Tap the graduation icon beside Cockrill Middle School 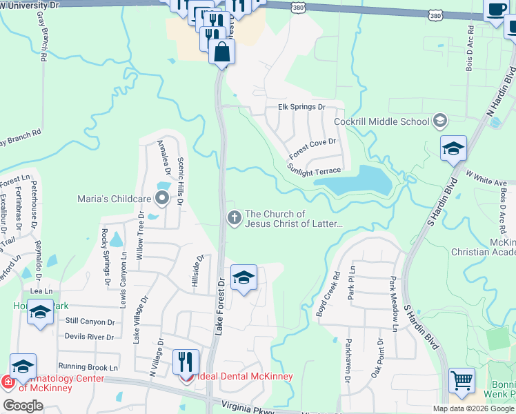pyautogui.click(x=439, y=122)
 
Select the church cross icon pyautogui.click(x=235, y=218)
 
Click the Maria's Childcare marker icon pyautogui.click(x=162, y=199)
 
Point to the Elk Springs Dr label pyautogui.click(x=301, y=107)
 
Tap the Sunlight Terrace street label pyautogui.click(x=314, y=168)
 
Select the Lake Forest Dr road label pyautogui.click(x=220, y=306)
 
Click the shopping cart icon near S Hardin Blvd pyautogui.click(x=462, y=380)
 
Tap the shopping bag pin pyautogui.click(x=221, y=52)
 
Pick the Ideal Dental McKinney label pyautogui.click(x=244, y=377)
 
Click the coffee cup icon pyautogui.click(x=496, y=10)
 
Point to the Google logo pyautogui.click(x=23, y=406)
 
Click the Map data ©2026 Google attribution pyautogui.click(x=473, y=408)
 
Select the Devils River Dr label pyautogui.click(x=89, y=337)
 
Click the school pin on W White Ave pyautogui.click(x=454, y=149)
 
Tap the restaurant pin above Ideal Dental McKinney pyautogui.click(x=186, y=362)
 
